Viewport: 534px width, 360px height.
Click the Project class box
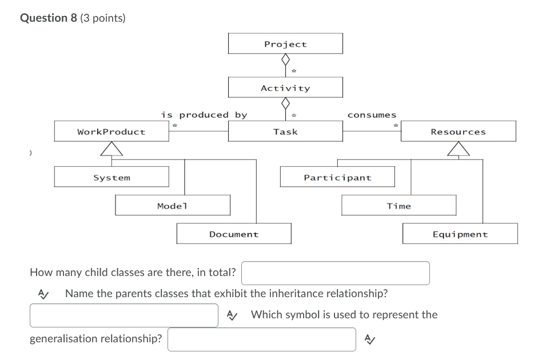pos(285,43)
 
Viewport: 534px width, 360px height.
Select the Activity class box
pos(285,87)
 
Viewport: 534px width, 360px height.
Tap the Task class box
pos(285,131)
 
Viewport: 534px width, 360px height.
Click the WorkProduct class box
pos(111,131)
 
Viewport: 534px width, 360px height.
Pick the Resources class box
pos(458,131)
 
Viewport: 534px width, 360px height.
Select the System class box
pos(111,177)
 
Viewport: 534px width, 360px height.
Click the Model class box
pos(173,205)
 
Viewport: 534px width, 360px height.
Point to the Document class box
pos(234,234)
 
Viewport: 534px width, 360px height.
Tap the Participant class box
pos(337,177)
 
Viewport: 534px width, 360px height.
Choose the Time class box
pos(398,205)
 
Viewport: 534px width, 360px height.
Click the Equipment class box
pos(460,234)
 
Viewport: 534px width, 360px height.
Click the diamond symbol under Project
pos(285,59)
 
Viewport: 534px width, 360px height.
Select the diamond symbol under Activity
pos(285,103)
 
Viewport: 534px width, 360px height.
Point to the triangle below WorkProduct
pos(111,149)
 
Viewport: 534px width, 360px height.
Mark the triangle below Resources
pos(458,149)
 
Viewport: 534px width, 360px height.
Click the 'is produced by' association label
pos(204,115)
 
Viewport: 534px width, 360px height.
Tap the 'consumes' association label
pos(372,115)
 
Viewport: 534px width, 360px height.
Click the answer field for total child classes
pos(335,273)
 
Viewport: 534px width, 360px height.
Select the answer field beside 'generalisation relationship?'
pos(261,339)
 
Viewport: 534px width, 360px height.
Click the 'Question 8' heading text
pos(48,18)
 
